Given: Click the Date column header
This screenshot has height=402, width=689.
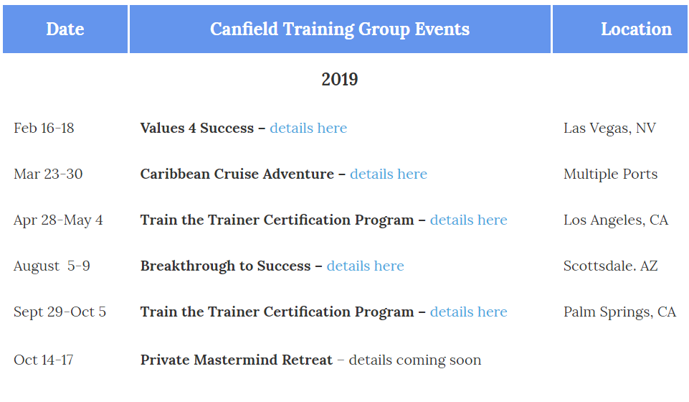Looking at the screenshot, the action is pos(65,29).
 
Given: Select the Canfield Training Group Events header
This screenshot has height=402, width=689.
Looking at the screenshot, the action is pos(340,29).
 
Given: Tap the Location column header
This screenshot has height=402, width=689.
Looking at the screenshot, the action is pos(636,29).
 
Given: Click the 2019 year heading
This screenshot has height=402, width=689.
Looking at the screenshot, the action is pos(340,79).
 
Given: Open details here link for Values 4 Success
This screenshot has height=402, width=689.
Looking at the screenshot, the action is pos(308,128).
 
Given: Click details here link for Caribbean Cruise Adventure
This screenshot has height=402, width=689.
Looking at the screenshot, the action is pos(389,174).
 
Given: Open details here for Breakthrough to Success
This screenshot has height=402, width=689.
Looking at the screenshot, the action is pos(365,266).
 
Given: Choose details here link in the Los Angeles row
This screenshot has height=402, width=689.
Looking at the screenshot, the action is pos(468,220).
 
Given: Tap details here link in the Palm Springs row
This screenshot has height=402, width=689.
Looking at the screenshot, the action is pos(468,312).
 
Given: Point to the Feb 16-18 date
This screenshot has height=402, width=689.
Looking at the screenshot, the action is pos(44,128).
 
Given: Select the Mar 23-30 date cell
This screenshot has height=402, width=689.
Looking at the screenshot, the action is pos(48,174).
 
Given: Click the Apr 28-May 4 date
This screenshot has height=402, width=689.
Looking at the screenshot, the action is pos(58,220).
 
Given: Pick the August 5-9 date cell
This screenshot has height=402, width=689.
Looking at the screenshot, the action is pos(52,266).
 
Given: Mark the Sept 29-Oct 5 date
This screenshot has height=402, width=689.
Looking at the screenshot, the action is pos(60,312).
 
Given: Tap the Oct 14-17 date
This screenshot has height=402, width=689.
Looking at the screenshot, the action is pos(44,360).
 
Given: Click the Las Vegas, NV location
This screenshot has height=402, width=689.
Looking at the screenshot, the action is pos(609,128).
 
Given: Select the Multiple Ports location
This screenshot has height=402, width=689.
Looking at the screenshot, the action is pos(610,174).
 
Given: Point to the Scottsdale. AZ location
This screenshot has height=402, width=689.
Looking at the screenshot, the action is pos(610,266).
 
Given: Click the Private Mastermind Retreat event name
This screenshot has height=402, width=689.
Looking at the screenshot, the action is pos(237,360).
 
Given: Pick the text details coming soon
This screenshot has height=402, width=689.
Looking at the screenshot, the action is pos(415,360).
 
